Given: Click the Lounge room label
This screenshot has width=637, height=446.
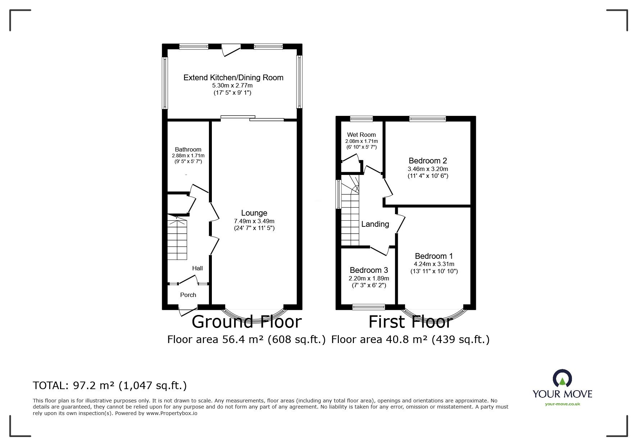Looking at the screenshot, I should coord(254,213).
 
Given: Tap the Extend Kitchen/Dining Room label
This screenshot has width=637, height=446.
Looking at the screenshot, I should coord(233,77).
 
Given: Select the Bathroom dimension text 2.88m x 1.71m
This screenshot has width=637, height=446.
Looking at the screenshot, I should coord(188,156).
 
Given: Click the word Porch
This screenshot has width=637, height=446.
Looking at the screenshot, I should coord(188,295).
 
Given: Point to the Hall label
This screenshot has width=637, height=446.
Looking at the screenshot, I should coord(197,268).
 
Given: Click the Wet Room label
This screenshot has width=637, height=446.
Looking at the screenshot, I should coord(361,135).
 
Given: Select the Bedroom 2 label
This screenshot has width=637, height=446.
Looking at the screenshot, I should coord(428,161).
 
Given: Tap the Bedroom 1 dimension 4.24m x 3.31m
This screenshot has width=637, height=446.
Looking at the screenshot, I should coord(434,264).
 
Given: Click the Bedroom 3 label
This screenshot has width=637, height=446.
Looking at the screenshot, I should coord(369,270).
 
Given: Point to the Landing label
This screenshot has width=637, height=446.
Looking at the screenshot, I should coord(375,224).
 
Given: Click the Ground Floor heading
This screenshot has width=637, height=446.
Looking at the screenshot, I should coord(246,321).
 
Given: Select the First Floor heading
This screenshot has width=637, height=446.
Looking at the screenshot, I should coord(410,322).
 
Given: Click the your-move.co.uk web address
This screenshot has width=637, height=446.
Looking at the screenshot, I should coord(562,404).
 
